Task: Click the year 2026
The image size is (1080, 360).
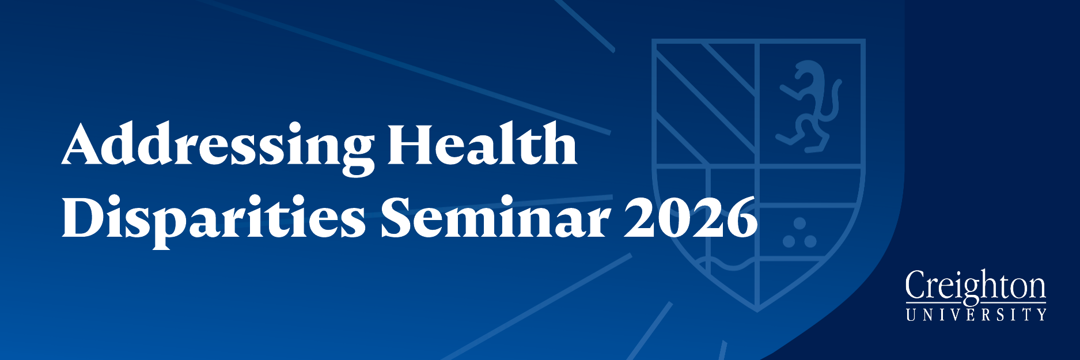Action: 691,217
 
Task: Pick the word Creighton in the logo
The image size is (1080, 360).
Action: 976,286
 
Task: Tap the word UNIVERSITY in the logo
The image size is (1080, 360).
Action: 976,314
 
